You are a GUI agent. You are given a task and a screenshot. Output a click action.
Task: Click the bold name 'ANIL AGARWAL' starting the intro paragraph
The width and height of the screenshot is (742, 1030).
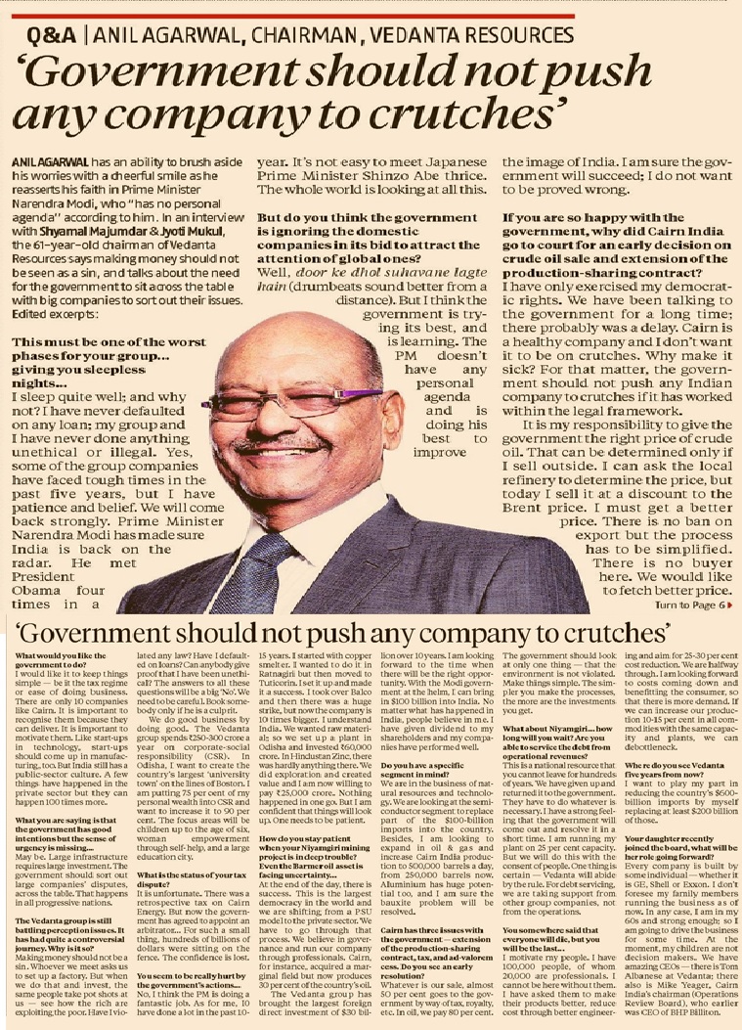pos(40,158)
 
